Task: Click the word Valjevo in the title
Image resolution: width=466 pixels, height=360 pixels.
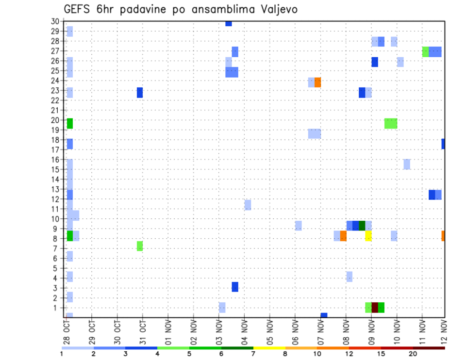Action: (x=274, y=9)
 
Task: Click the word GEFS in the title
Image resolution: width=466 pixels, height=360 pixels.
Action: (x=76, y=9)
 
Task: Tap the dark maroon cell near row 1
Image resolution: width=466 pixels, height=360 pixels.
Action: (x=375, y=308)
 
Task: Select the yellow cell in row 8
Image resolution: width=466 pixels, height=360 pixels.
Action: (x=368, y=236)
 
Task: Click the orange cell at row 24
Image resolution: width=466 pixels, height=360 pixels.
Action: (x=318, y=82)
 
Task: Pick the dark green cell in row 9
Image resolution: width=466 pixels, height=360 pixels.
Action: (x=362, y=226)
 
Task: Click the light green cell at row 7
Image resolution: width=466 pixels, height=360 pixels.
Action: (x=140, y=246)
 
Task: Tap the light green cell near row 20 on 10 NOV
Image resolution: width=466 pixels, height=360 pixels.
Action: (x=391, y=123)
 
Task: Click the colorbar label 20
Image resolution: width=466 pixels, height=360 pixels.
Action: (x=413, y=354)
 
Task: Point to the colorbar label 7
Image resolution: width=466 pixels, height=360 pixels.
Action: (x=253, y=354)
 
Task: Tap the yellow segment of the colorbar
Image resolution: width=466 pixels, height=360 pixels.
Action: (x=269, y=348)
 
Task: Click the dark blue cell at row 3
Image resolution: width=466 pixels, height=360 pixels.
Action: (x=235, y=287)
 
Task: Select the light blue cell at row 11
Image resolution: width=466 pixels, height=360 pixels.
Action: (x=248, y=205)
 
